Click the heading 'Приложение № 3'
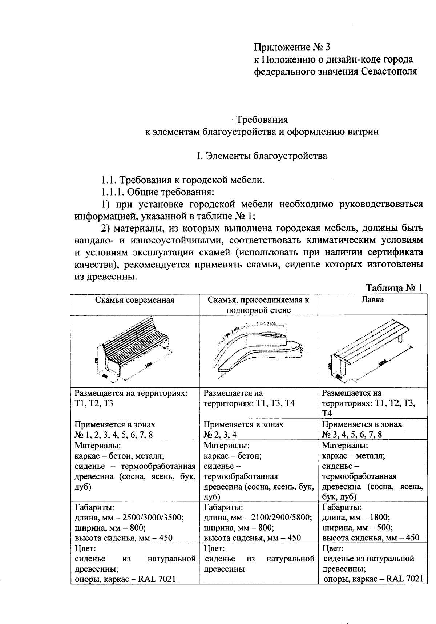pos(292,47)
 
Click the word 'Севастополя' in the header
pos(389,71)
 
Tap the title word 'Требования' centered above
pos(262,120)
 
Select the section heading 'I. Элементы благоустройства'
pos(262,156)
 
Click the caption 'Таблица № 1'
pos(394,288)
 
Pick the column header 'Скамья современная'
pos(135,300)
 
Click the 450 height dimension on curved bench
pos(301,351)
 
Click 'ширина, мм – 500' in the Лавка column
pos(357,527)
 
